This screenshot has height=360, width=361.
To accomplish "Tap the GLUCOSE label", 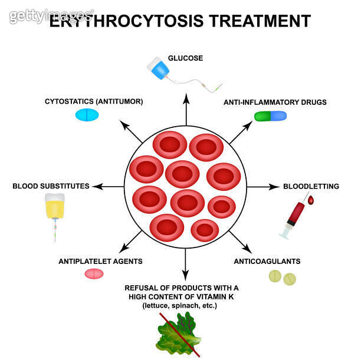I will tap(185, 58).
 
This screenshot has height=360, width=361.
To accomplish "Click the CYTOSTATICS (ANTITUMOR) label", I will tap(94, 101).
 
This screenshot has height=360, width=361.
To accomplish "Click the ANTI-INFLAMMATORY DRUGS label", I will tap(275, 102).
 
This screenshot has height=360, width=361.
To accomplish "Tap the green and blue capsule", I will tap(270, 116).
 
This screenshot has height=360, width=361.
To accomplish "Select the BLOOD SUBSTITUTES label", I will tap(51, 186).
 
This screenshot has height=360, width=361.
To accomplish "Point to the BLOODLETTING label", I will tap(311, 186).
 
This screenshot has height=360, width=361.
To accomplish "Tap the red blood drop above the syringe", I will tap(311, 201).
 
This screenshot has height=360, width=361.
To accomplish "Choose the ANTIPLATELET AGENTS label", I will tap(100, 260).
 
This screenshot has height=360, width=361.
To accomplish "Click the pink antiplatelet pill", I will tap(94, 273).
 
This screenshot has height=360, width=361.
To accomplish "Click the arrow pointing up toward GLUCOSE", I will tap(186, 107).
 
